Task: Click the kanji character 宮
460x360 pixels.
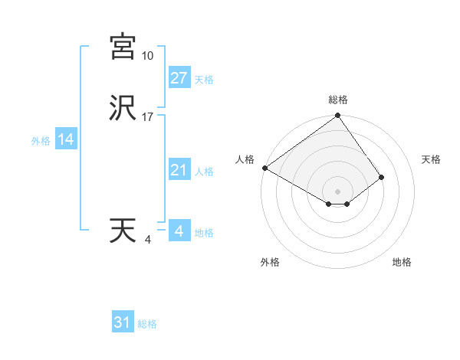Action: point(123,47)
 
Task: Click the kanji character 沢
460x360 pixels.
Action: point(123,108)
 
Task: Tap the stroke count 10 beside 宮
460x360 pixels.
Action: point(148,56)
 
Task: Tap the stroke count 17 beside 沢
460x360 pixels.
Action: point(148,117)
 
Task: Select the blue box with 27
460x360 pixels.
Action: point(179,78)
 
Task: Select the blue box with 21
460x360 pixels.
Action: point(179,170)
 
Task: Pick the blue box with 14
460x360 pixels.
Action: point(66,139)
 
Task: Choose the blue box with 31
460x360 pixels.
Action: point(123,322)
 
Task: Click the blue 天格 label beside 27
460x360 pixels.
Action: point(204,80)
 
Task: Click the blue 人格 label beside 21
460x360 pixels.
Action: point(204,172)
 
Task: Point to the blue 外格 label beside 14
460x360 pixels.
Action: point(41,141)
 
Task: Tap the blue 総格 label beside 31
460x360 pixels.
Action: point(147,324)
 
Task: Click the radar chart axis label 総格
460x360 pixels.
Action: point(338,100)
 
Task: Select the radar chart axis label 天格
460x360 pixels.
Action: point(432,159)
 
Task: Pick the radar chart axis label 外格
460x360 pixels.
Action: point(270,262)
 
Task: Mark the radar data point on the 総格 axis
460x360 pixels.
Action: point(338,116)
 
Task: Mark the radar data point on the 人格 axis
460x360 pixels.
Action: point(264,168)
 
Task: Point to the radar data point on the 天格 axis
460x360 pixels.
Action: point(382,177)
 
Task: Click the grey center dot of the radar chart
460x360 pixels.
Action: point(338,191)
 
